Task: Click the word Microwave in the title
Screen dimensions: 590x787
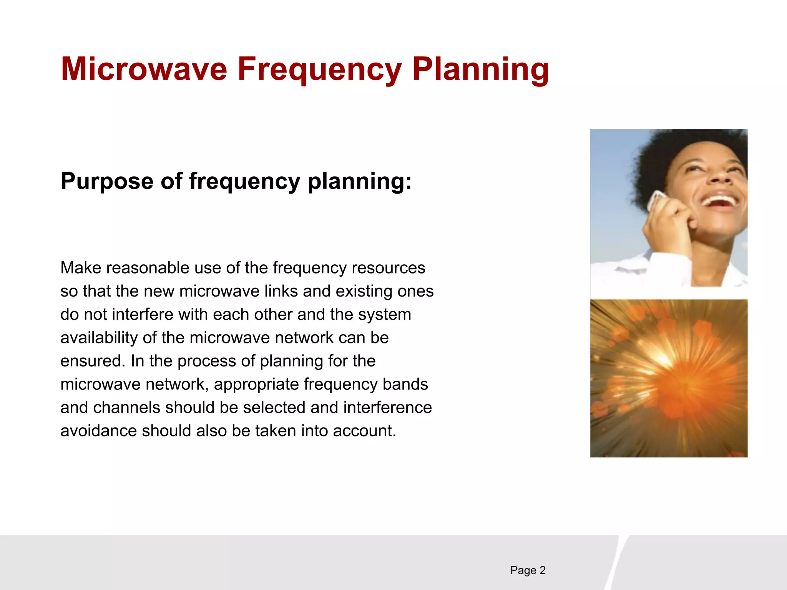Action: point(144,69)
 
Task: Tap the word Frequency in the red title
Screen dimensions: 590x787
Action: point(319,70)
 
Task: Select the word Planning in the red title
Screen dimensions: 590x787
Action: point(480,70)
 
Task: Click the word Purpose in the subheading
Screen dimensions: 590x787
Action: point(107,181)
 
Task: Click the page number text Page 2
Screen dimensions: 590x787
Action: point(528,570)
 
